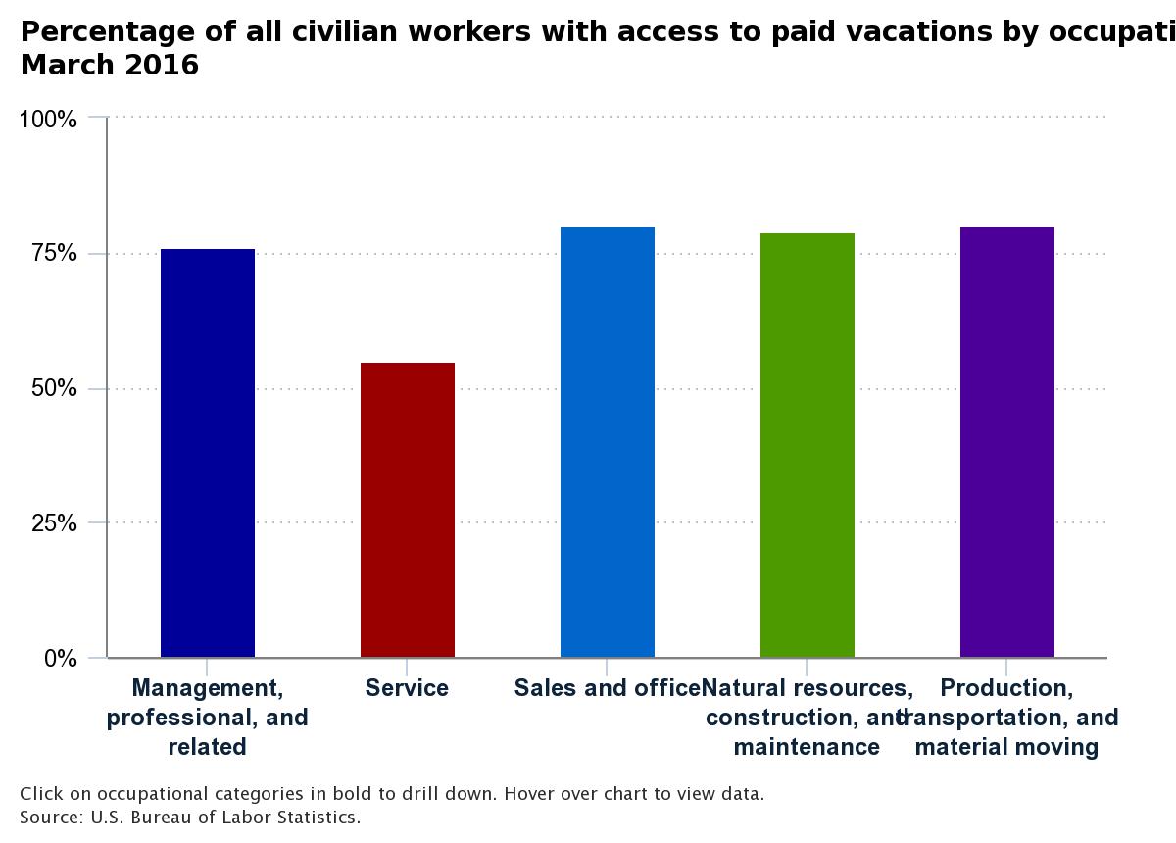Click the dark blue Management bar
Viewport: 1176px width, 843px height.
pyautogui.click(x=208, y=453)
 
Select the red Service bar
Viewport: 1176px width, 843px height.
pyautogui.click(x=408, y=510)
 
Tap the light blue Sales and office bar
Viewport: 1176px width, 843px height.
pyautogui.click(x=608, y=442)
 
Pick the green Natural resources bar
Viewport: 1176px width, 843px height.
pyautogui.click(x=808, y=445)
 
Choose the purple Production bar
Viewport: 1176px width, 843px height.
pyautogui.click(x=1007, y=442)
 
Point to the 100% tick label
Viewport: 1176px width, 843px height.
pyautogui.click(x=48, y=120)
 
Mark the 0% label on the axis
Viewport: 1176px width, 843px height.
pyautogui.click(x=60, y=659)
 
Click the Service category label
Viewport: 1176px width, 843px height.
pyautogui.click(x=407, y=688)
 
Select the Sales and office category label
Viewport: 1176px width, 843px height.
pyautogui.click(x=607, y=688)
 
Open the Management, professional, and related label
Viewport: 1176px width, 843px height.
pyautogui.click(x=207, y=718)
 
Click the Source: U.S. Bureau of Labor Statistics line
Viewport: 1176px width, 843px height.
pyautogui.click(x=190, y=817)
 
